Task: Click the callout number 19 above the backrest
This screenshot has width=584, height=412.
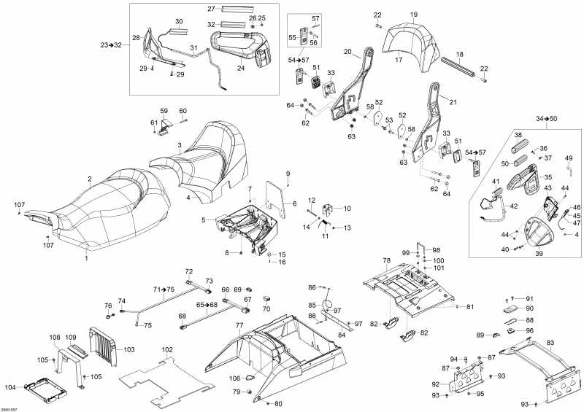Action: pyautogui.click(x=413, y=15)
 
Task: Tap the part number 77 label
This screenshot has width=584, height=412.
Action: pyautogui.click(x=239, y=324)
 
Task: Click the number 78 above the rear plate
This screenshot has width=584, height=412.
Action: pyautogui.click(x=386, y=260)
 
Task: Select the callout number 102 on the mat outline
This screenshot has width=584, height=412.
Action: pyautogui.click(x=167, y=350)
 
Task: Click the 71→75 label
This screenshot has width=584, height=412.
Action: pyautogui.click(x=165, y=289)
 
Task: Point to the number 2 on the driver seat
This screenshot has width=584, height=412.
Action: pyautogui.click(x=90, y=179)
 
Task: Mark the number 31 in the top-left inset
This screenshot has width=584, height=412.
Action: pyautogui.click(x=194, y=47)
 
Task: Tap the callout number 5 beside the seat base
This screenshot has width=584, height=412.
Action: pyautogui.click(x=203, y=219)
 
